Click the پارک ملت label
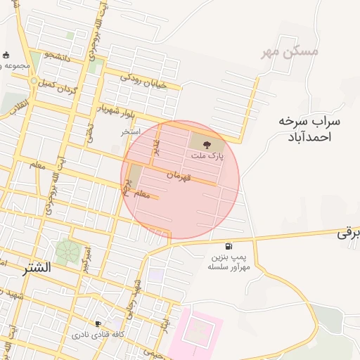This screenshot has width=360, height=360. point(210,157)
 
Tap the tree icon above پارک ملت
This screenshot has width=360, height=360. point(215,145)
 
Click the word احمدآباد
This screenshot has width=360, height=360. point(310,136)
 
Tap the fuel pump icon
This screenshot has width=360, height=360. point(229,246)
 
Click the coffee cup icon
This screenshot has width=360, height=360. point(98,324)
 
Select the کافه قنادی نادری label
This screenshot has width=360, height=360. point(98,335)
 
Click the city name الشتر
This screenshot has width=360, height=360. point(37,268)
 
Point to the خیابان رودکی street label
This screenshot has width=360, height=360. point(143,80)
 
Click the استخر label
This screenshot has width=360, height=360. point(130,131)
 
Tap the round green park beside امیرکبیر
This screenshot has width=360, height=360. point(68,252)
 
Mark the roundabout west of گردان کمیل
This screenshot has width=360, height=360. point(33,82)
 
